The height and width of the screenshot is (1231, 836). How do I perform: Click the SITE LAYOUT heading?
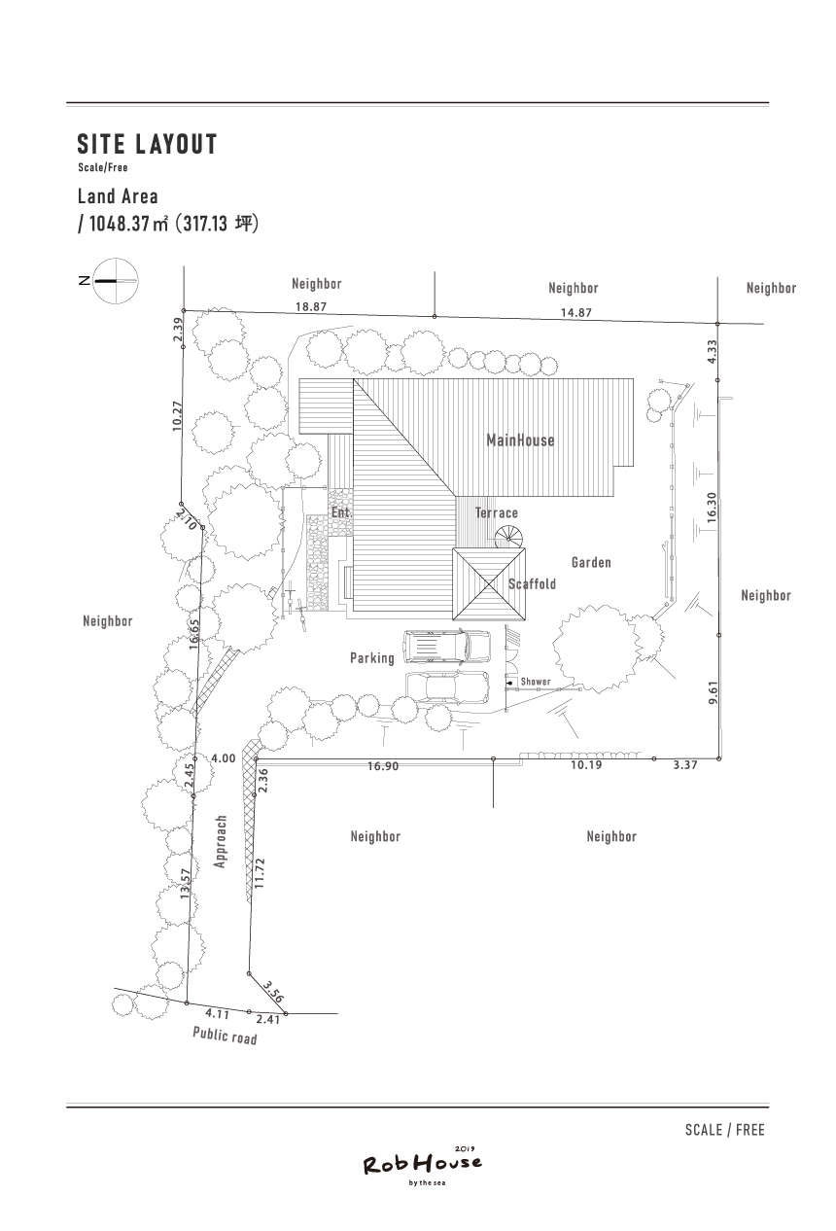pyautogui.click(x=147, y=144)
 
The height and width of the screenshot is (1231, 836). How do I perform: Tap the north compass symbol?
pyautogui.click(x=115, y=281)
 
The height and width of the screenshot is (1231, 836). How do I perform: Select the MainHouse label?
pyautogui.click(x=520, y=440)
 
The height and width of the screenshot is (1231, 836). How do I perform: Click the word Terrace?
pyautogui.click(x=496, y=512)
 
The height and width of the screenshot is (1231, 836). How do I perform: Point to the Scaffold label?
pyautogui.click(x=532, y=583)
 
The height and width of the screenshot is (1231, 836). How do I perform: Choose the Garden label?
pyautogui.click(x=591, y=562)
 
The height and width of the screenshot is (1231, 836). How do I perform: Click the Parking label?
pyautogui.click(x=372, y=658)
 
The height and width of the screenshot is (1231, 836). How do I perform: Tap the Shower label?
pyautogui.click(x=535, y=682)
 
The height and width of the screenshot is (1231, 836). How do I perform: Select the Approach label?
pyautogui.click(x=221, y=841)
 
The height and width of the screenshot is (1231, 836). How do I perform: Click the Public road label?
pyautogui.click(x=225, y=1036)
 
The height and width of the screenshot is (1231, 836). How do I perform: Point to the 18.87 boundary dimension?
pyautogui.click(x=311, y=306)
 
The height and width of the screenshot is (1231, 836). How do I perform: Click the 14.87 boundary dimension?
pyautogui.click(x=575, y=313)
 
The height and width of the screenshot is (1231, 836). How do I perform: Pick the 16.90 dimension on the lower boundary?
pyautogui.click(x=383, y=766)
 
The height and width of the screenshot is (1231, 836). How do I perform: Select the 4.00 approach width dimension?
pyautogui.click(x=224, y=758)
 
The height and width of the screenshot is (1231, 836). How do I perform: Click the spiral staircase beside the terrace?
pyautogui.click(x=509, y=537)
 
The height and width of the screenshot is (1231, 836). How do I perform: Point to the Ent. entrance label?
pyautogui.click(x=341, y=512)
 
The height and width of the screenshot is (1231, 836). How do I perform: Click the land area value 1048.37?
pyautogui.click(x=120, y=224)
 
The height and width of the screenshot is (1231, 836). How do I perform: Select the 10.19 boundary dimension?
pyautogui.click(x=586, y=765)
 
